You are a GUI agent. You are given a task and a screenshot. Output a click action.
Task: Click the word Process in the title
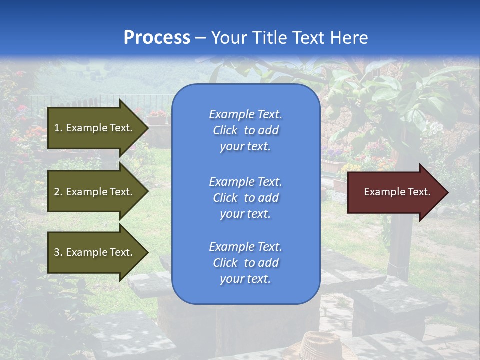[x=157, y=38]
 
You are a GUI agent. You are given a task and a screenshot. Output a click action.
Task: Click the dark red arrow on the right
[x=395, y=192]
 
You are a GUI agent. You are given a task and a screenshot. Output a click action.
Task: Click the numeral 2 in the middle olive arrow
[x=57, y=192]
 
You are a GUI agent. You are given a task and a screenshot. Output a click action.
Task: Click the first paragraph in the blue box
[x=245, y=130]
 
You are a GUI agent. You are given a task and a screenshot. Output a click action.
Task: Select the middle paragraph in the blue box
[x=245, y=198]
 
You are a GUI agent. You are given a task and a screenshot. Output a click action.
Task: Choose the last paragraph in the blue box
[x=245, y=263]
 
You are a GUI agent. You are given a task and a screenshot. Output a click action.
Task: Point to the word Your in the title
[x=229, y=38]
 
